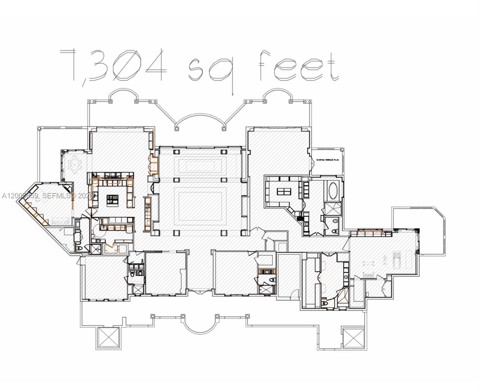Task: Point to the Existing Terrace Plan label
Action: click(x=328, y=160)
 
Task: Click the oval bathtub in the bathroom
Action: click(x=333, y=190)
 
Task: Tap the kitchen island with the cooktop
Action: click(x=113, y=198)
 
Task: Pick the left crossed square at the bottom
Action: click(x=109, y=338)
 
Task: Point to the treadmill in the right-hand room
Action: click(x=397, y=259)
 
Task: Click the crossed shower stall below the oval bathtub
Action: click(x=333, y=208)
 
